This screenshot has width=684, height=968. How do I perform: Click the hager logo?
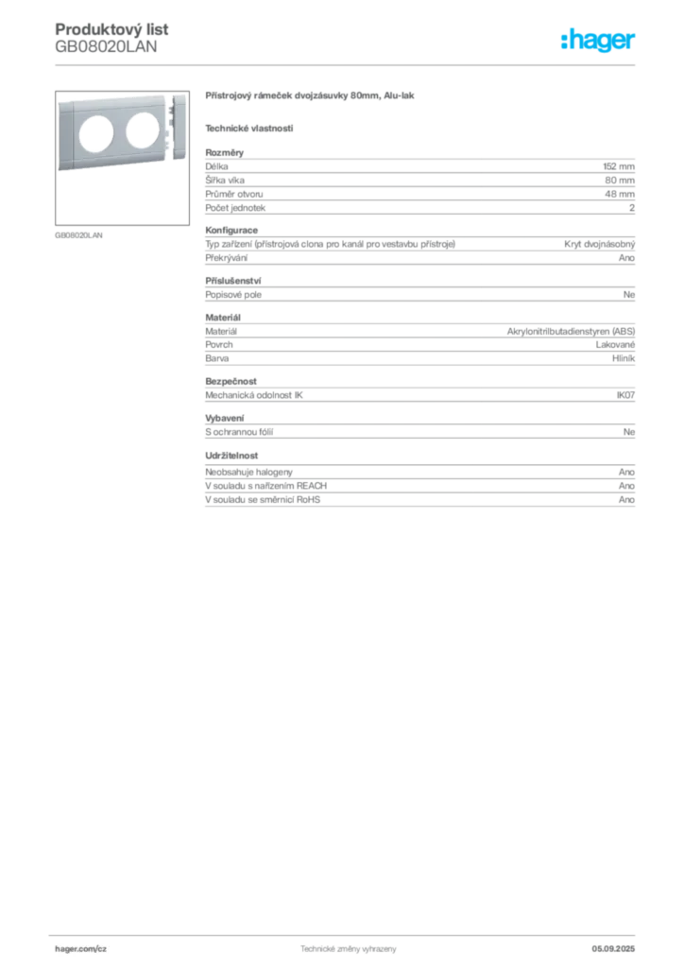[x=598, y=40]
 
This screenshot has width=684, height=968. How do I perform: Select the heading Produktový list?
[x=111, y=29]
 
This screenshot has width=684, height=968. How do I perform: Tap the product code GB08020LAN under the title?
[x=106, y=47]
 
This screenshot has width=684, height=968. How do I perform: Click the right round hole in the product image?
[x=143, y=130]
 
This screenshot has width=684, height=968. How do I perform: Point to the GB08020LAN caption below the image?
[x=79, y=235]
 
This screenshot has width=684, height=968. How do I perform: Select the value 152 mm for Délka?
[x=619, y=166]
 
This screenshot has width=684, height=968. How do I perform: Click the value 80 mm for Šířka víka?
[x=620, y=181]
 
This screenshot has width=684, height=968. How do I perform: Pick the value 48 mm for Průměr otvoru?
[x=620, y=194]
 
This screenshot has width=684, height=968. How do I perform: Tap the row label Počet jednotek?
[x=235, y=208]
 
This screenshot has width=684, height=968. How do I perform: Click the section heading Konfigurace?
[x=231, y=230]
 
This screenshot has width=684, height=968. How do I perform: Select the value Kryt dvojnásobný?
[x=600, y=244]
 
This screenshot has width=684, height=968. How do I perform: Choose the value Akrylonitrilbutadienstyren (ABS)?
[x=572, y=332]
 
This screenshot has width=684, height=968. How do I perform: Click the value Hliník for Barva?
[x=624, y=358]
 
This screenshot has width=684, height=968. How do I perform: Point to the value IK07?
[x=625, y=395]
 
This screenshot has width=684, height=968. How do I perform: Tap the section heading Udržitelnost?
[x=231, y=456]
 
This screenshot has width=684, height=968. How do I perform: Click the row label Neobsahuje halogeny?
[x=248, y=472]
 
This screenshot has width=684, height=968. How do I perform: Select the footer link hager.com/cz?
[x=81, y=949]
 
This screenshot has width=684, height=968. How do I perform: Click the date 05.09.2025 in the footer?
[x=613, y=949]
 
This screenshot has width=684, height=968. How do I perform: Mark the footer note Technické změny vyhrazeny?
[x=349, y=949]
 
